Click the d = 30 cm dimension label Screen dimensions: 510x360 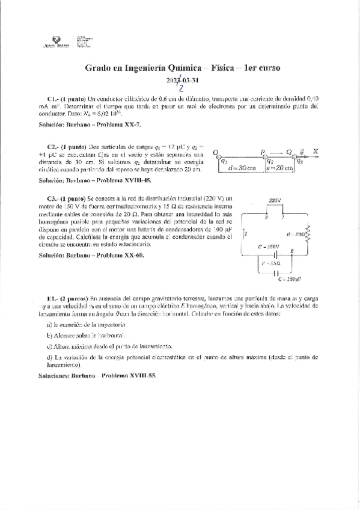coord(240,169)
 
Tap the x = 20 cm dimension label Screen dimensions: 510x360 coord(279,169)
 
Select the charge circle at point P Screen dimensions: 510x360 coord(265,154)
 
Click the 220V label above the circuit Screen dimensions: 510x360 coord(275,200)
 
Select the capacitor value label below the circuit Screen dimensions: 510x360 coord(290,280)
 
